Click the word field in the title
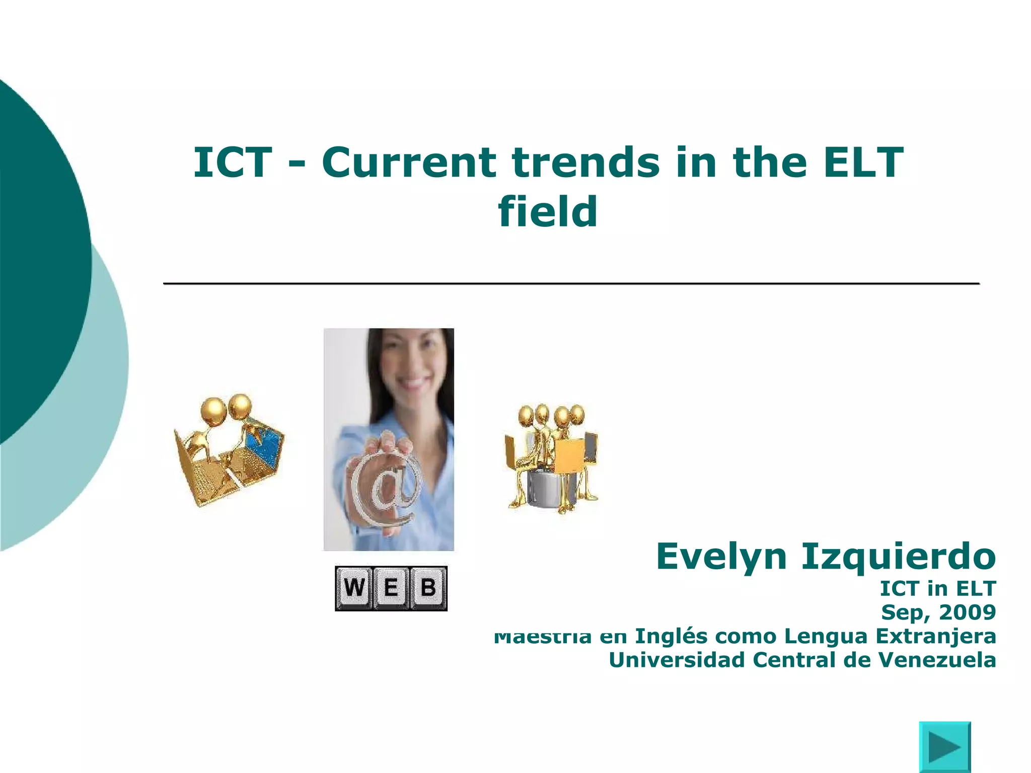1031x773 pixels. [x=548, y=211]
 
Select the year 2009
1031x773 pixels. [x=967, y=612]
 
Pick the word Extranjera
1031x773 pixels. [x=936, y=636]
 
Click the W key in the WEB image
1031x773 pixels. [x=354, y=588]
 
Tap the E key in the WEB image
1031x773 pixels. [x=391, y=588]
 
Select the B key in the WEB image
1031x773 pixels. [x=428, y=588]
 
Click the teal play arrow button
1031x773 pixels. [x=945, y=747]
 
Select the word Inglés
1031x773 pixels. [x=672, y=636]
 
